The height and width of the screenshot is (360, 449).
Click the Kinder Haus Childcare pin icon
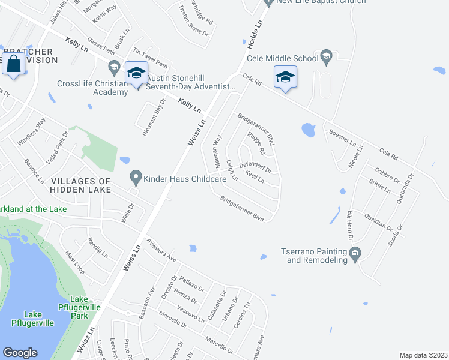click(136, 178)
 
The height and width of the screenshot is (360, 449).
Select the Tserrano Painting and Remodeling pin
click(355, 254)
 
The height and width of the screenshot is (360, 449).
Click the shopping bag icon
click(13, 63)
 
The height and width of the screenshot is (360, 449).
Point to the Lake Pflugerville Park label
click(79, 307)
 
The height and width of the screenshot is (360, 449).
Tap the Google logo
click(20, 353)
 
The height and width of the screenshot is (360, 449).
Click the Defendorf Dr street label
click(255, 167)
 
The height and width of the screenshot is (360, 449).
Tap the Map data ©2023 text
click(423, 355)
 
